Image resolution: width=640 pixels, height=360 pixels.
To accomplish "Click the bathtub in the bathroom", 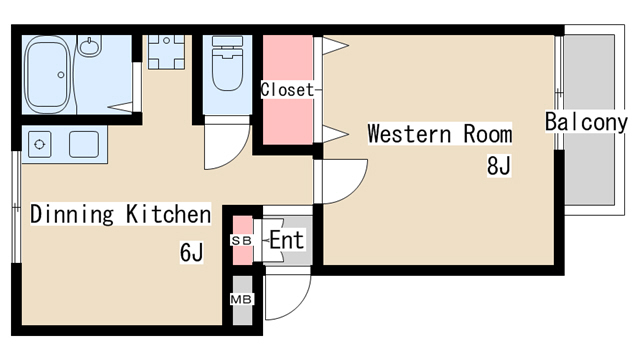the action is click(x=48, y=74).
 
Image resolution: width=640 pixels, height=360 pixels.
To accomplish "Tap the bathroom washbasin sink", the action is click(x=89, y=45).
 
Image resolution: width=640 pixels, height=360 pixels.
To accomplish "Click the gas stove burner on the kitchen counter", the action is click(x=40, y=144).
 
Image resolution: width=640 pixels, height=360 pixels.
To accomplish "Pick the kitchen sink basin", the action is click(x=84, y=144).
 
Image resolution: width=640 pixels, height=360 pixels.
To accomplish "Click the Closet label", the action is click(x=288, y=90).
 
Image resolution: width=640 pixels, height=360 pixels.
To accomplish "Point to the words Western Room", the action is click(x=440, y=133).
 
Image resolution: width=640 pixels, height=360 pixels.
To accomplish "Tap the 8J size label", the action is click(x=499, y=166).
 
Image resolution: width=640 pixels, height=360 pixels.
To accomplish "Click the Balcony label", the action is click(x=586, y=122).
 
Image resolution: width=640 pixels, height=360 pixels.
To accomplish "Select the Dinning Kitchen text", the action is click(x=120, y=213).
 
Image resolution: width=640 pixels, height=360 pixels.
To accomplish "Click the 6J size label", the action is click(x=191, y=252).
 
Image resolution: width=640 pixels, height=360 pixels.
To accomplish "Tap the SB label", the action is click(x=242, y=241).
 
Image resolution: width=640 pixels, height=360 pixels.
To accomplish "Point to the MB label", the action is click(x=242, y=300).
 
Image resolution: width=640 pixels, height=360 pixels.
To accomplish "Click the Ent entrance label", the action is click(x=287, y=240).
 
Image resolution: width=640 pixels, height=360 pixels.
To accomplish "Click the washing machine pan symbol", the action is click(x=166, y=52).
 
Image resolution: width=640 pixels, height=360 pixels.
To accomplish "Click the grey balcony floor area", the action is click(x=589, y=120).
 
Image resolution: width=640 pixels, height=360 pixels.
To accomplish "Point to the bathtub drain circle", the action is click(x=61, y=75).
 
